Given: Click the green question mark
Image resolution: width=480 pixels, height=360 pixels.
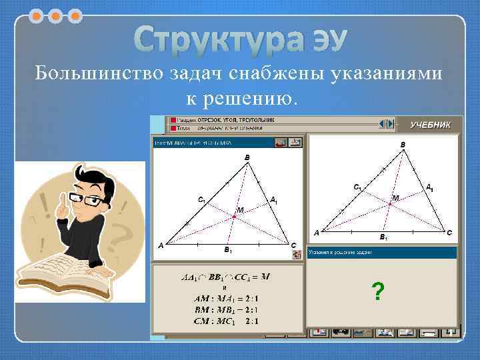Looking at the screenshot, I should [378, 291].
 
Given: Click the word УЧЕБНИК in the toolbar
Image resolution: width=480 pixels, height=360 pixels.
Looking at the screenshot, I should [435, 125].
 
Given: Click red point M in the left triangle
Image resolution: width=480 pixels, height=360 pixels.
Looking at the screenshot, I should [235, 216].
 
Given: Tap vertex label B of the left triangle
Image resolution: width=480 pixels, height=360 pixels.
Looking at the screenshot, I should [247, 157].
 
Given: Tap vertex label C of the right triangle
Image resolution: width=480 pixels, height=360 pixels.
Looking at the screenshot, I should [449, 232].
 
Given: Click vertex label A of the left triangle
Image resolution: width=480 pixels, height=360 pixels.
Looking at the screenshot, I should [160, 245].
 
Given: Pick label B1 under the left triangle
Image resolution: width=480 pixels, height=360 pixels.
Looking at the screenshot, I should [227, 251].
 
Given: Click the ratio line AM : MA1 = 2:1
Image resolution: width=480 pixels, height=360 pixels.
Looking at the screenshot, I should [221, 298].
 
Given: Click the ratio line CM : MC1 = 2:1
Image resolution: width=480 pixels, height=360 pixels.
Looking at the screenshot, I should [221, 321].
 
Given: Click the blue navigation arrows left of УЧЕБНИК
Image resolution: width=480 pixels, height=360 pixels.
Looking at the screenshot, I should [385, 124].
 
